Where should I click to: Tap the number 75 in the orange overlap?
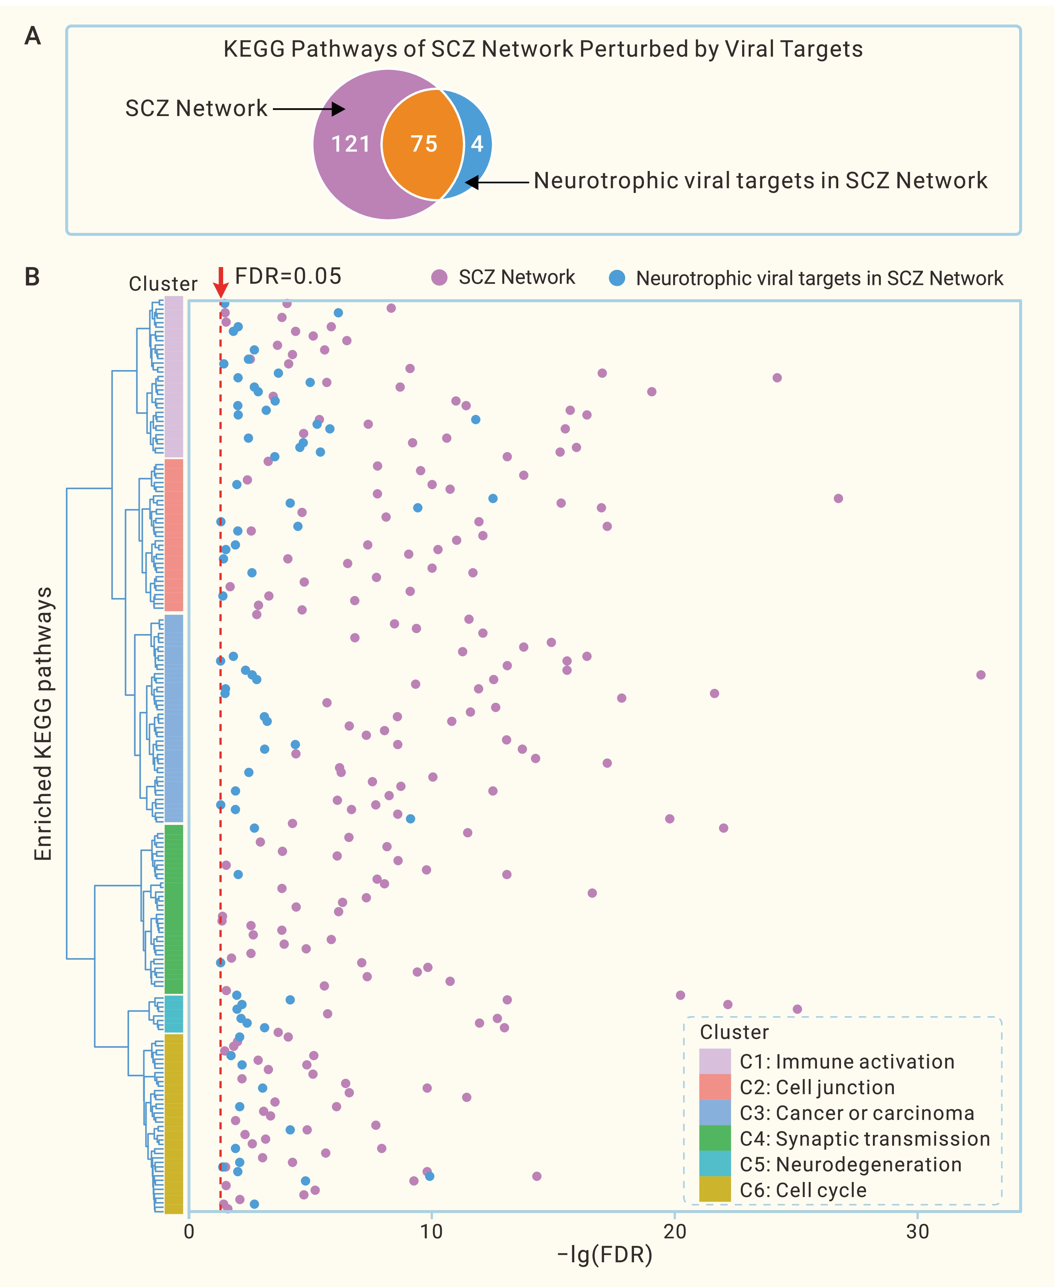pyautogui.click(x=424, y=144)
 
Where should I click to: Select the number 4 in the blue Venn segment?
pyautogui.click(x=477, y=144)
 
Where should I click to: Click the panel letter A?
pyautogui.click(x=32, y=37)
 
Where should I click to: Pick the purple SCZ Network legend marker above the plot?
pyautogui.click(x=439, y=278)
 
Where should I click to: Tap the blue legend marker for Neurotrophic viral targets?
pyautogui.click(x=617, y=278)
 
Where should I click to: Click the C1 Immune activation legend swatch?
pyautogui.click(x=714, y=1062)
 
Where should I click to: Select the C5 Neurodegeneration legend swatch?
pyautogui.click(x=714, y=1164)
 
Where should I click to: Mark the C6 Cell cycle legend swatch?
pyautogui.click(x=714, y=1190)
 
